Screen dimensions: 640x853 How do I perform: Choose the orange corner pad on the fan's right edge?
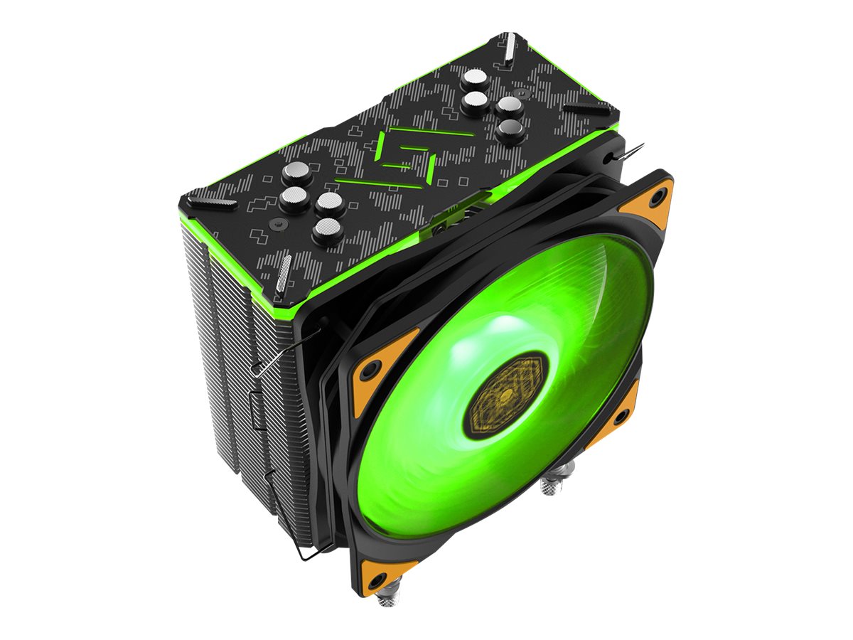click(x=617, y=412)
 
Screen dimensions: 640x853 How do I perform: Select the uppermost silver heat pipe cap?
click(x=473, y=79)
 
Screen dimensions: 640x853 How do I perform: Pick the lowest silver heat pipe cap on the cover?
click(x=328, y=230)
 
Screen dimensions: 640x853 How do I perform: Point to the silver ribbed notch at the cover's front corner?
click(x=283, y=273)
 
